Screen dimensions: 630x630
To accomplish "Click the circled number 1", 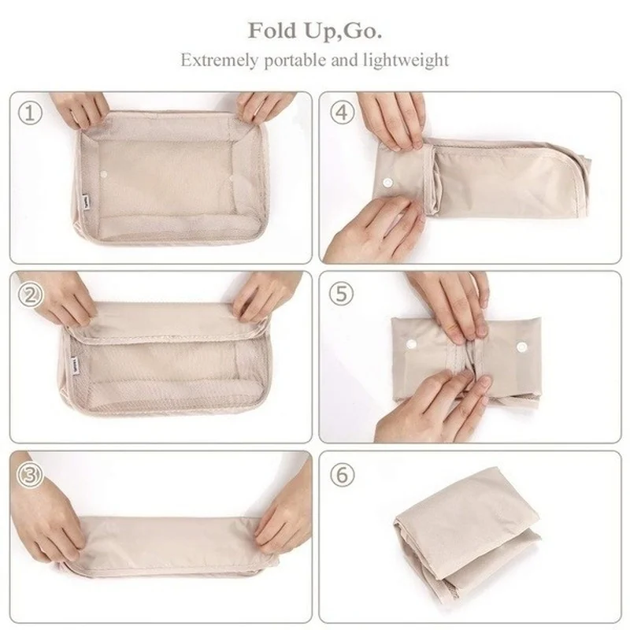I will click(x=30, y=113).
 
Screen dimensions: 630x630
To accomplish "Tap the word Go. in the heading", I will click(x=363, y=32).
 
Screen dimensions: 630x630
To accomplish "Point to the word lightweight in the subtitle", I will click(x=410, y=60).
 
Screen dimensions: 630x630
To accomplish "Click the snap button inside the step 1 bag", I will click(x=106, y=172).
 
